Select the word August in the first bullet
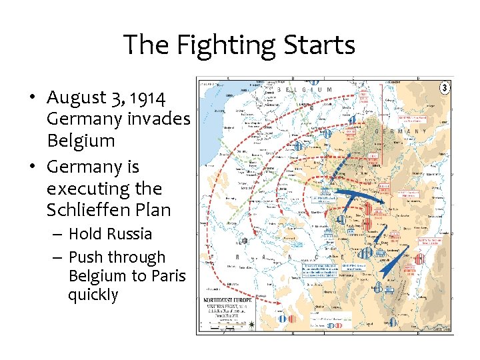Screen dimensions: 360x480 (76, 98)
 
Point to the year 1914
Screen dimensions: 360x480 (147, 98)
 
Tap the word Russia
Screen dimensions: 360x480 (129, 234)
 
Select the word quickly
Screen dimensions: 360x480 (93, 295)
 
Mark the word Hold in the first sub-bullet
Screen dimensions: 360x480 (84, 234)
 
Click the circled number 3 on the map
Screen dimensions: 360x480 (445, 87)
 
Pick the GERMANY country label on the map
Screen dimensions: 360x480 (401, 132)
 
